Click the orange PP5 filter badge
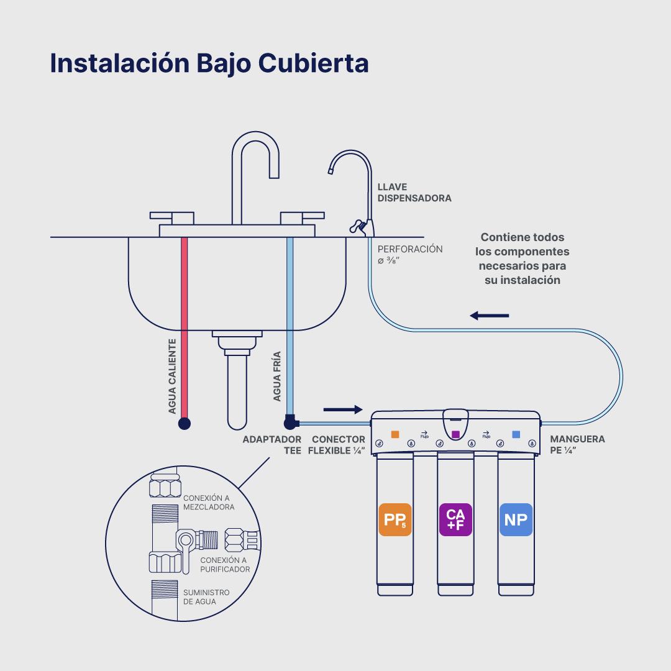[x=395, y=519]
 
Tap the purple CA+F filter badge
[x=455, y=519]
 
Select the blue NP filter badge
[x=516, y=519]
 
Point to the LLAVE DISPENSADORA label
[x=414, y=193]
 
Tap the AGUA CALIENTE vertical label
[x=173, y=377]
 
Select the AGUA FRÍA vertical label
[x=277, y=377]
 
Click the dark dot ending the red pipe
[x=185, y=424]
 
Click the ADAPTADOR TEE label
[x=273, y=445]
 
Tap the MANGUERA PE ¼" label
[x=577, y=445]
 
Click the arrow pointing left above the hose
[x=490, y=316]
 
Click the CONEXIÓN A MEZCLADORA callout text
[x=209, y=502]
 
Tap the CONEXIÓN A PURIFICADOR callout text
[x=225, y=564]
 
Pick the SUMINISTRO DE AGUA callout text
[x=206, y=597]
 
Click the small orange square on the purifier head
[x=395, y=434]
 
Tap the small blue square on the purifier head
[x=516, y=434]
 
